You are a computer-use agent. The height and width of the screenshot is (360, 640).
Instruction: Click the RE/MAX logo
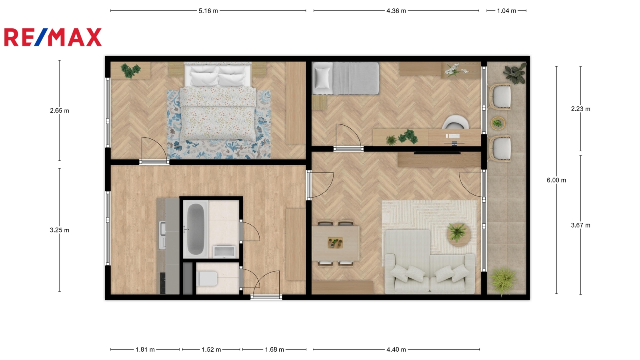click(53, 37)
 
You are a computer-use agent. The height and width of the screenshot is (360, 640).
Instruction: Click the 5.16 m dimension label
click(208, 11)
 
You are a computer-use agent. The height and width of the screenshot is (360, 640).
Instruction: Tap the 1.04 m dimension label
click(506, 11)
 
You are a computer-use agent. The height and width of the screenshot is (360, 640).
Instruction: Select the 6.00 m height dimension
click(556, 180)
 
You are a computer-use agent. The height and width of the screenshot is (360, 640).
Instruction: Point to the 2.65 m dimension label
click(60, 110)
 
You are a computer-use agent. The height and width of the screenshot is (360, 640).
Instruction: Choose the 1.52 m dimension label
click(212, 350)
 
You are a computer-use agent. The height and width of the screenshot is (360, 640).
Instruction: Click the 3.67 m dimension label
click(580, 225)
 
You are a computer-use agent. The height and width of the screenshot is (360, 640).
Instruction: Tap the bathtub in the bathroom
click(196, 229)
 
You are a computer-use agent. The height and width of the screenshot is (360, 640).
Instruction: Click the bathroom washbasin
click(224, 251)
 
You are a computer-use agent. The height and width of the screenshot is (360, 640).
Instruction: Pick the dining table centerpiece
click(335, 243)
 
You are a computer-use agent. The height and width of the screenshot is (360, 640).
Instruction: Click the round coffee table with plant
click(458, 234)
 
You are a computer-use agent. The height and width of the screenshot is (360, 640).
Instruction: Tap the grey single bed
click(346, 78)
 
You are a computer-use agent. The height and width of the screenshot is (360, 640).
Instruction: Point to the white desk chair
click(456, 122)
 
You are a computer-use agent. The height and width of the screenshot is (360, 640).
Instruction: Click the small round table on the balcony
click(498, 124)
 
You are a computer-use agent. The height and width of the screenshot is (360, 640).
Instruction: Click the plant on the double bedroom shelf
click(130, 70)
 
